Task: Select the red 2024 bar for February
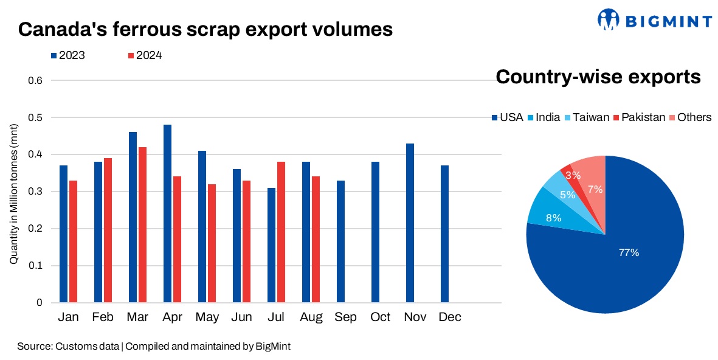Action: click(108, 230)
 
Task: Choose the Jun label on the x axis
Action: click(241, 317)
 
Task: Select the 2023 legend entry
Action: click(67, 55)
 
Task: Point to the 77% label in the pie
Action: click(629, 252)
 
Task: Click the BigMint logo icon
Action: click(607, 19)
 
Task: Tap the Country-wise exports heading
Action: click(599, 77)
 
